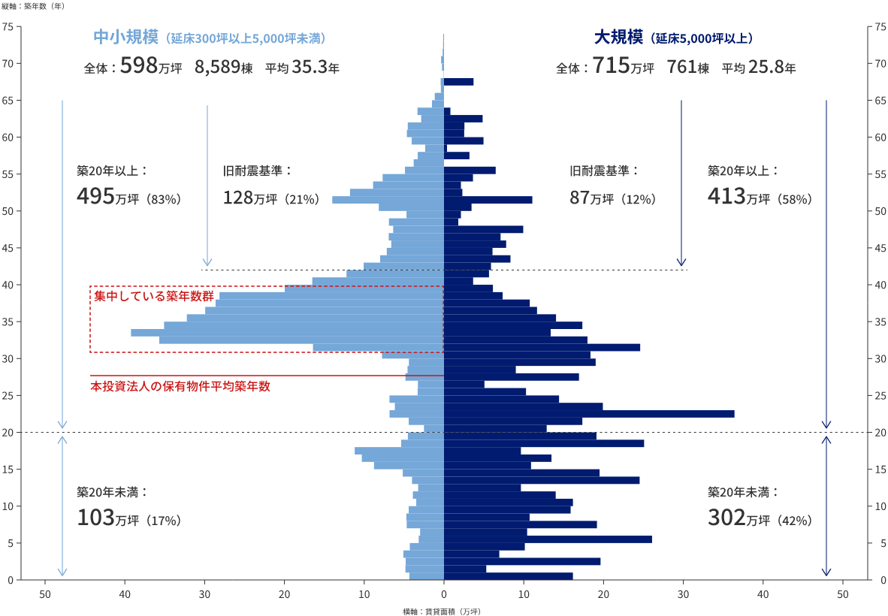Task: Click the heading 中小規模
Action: (125, 37)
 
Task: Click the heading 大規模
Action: (618, 37)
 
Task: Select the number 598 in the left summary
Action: (138, 67)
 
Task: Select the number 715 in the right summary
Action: (610, 67)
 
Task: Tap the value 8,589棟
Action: (223, 68)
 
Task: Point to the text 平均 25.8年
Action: (759, 68)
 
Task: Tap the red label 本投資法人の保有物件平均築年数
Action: (180, 386)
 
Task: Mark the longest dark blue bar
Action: (589, 414)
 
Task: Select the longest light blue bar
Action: (287, 332)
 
